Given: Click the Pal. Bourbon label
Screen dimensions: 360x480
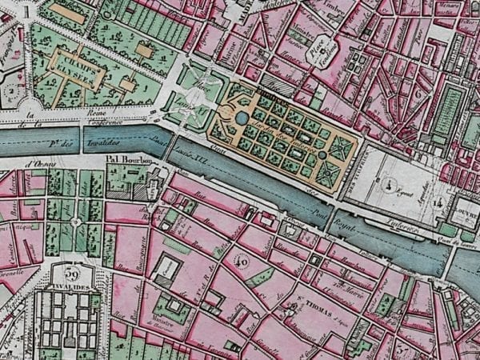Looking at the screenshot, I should pyautogui.click(x=128, y=158).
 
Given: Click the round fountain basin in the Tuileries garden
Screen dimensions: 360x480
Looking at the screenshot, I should pyautogui.click(x=242, y=118).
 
